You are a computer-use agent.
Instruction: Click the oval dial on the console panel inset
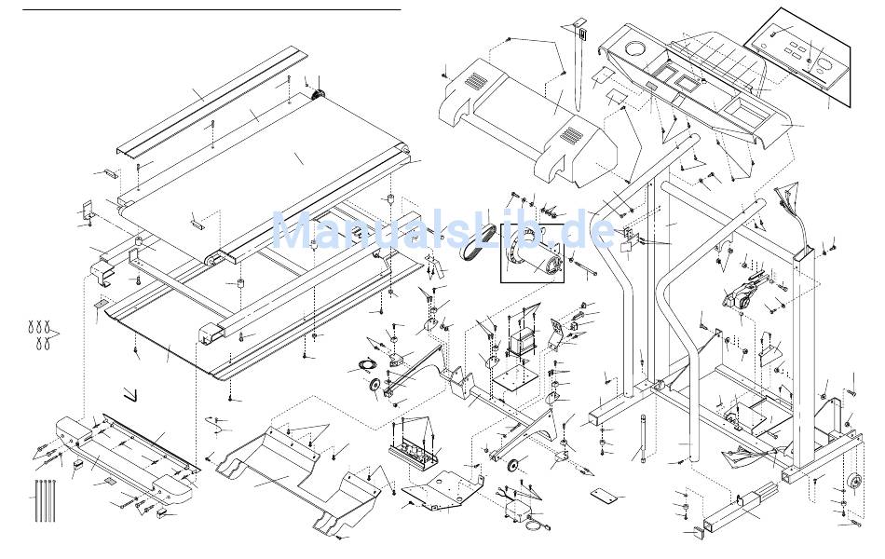click(x=811, y=64)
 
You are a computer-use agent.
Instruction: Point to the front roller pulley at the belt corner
click(x=317, y=94)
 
